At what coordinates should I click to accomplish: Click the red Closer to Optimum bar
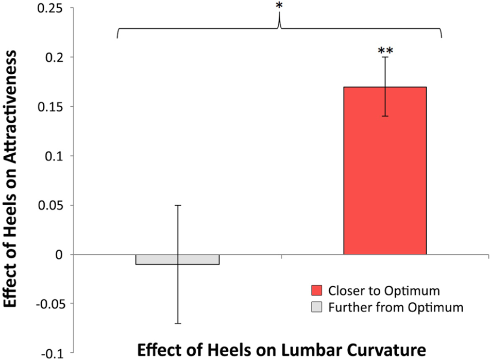pos(385,171)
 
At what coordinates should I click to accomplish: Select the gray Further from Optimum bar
pos(178,259)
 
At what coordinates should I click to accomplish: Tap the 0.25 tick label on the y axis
pos(53,8)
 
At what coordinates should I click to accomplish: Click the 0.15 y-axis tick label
pos(53,107)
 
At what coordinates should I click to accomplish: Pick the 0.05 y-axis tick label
pos(53,205)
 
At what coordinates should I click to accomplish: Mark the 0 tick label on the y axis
pos(61,255)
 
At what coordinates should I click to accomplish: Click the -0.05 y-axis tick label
pos(50,304)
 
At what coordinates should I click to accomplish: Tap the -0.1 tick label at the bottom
pos(54,353)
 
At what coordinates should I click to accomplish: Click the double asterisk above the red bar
pos(385,51)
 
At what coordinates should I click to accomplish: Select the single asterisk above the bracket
pos(279,6)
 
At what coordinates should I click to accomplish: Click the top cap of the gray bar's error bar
pos(178,205)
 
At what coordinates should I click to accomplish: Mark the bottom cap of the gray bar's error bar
pos(178,323)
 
